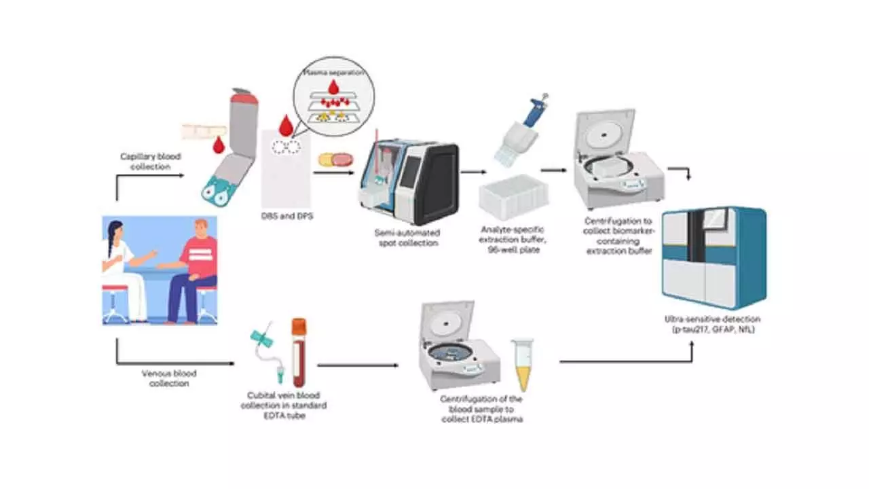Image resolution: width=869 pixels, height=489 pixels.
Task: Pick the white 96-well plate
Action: coord(513,196)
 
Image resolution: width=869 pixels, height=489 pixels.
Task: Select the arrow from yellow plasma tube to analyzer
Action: coord(625,360)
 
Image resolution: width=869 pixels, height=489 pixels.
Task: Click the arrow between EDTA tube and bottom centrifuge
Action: coord(358,365)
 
